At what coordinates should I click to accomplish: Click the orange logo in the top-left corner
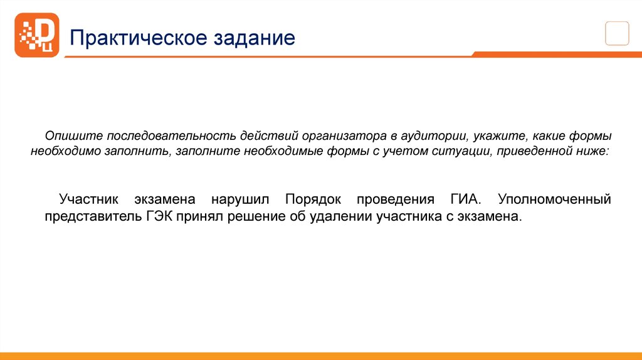(37, 35)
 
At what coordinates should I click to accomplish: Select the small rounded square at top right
(617, 33)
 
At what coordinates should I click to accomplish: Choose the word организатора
(339, 137)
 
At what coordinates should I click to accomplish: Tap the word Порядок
(313, 200)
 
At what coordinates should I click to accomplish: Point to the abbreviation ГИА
(465, 200)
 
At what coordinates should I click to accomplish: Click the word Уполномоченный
(554, 200)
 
